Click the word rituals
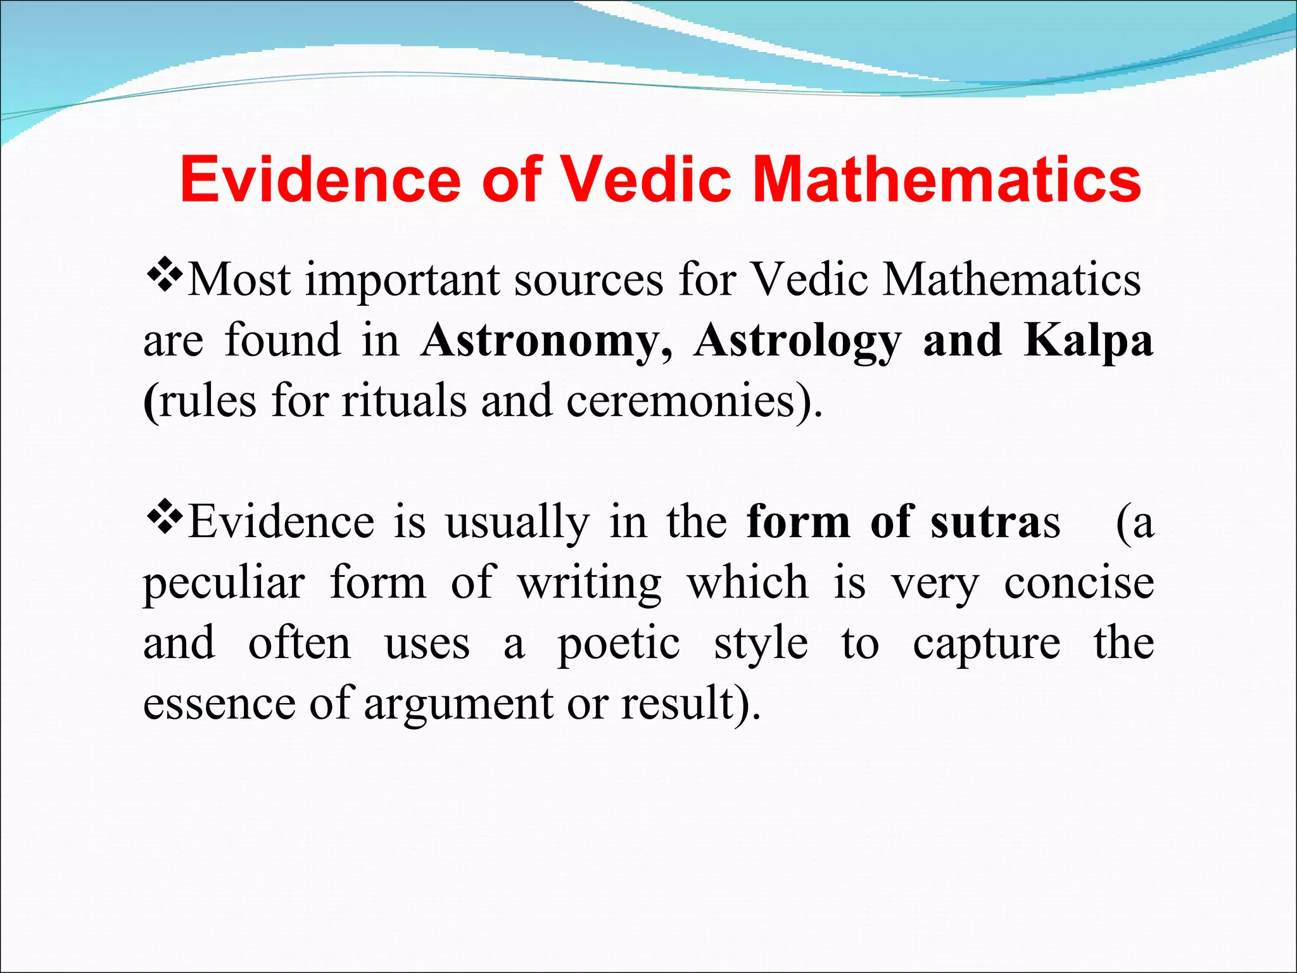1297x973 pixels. (x=404, y=401)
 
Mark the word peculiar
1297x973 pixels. (x=224, y=583)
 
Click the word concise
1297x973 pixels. (x=1079, y=583)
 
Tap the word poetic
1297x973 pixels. (x=619, y=644)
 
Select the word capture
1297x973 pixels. (x=986, y=644)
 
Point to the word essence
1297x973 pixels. (x=219, y=703)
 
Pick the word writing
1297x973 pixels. (x=589, y=583)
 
